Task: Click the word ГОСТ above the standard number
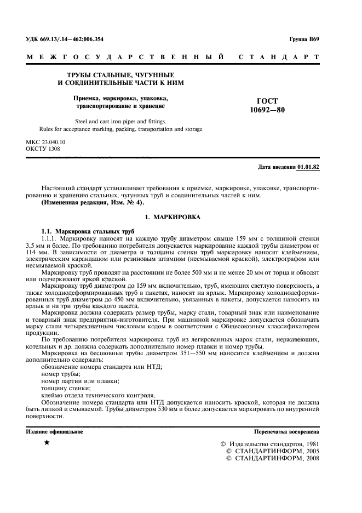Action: point(267,101)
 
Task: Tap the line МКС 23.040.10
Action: point(45,142)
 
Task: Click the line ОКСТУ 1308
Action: point(43,149)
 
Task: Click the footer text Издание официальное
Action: point(54,432)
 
